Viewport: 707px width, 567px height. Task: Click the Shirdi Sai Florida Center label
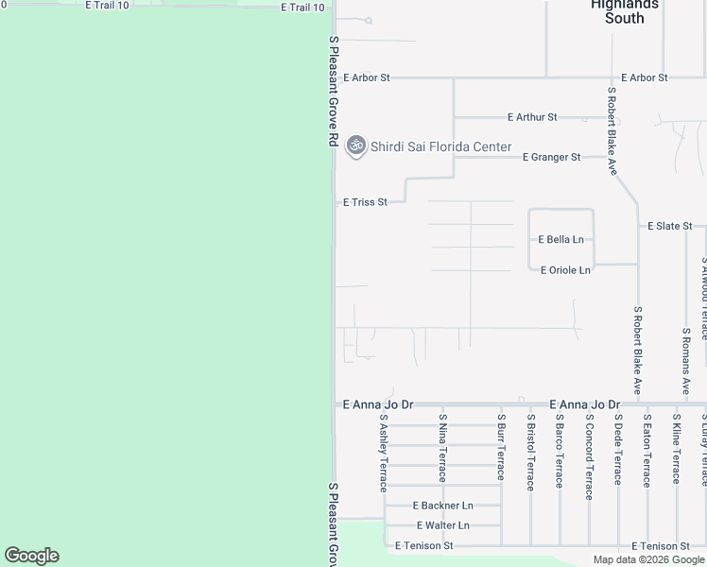440,146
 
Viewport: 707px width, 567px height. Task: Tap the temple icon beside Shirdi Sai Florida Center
355,146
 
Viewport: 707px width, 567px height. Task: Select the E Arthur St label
532,117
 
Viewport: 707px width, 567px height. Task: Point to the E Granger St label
551,157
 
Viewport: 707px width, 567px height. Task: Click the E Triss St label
365,202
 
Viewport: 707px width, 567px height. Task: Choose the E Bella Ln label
560,240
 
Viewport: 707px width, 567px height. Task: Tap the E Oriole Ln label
565,270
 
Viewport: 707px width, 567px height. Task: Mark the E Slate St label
670,226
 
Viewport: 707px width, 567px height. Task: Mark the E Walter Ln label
442,525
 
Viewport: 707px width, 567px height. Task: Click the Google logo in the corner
31,556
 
